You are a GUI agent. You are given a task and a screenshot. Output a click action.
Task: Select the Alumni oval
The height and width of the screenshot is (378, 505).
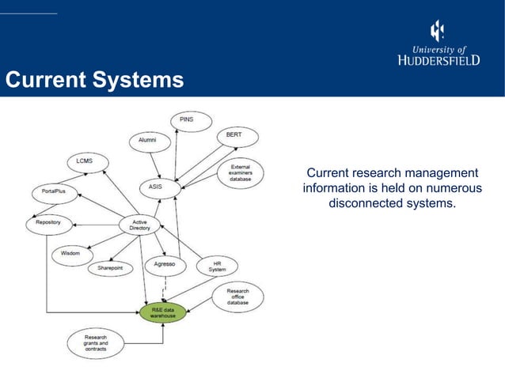tap(148, 140)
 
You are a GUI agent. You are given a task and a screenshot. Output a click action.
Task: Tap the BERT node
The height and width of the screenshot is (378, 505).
tap(234, 135)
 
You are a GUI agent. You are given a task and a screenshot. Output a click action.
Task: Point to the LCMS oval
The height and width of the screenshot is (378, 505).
tap(84, 161)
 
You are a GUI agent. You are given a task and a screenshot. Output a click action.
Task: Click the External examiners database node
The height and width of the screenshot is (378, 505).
tap(241, 173)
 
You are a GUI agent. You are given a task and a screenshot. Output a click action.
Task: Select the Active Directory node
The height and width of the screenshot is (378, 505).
tap(139, 225)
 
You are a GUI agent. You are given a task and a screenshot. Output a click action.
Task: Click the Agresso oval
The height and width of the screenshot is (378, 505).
tap(165, 263)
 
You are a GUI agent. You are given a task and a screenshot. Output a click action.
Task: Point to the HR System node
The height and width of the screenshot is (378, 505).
tap(217, 266)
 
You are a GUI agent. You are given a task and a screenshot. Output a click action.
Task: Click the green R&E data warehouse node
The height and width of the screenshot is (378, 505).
tap(163, 312)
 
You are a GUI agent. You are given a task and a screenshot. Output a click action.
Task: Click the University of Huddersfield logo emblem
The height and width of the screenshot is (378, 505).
tap(436, 31)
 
